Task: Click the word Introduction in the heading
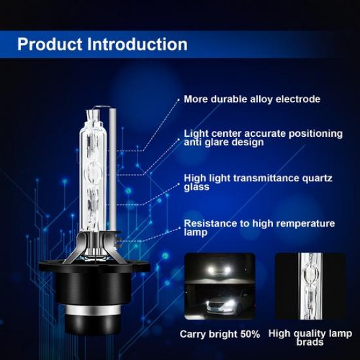pyautogui.click(x=139, y=45)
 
